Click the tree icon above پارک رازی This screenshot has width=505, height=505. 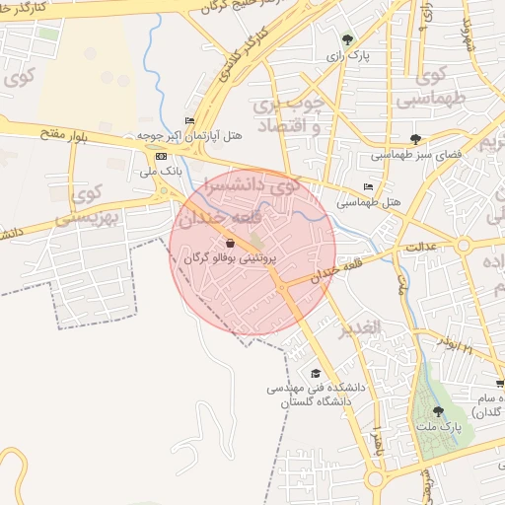tap(347, 39)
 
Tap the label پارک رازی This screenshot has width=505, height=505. tap(347, 56)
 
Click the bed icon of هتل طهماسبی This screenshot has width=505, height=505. tap(368, 187)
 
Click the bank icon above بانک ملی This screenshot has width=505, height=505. tap(161, 156)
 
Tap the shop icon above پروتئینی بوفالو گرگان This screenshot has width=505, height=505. tap(230, 243)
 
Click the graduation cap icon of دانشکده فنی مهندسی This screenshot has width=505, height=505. tap(316, 373)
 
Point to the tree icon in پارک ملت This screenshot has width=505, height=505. tap(438, 411)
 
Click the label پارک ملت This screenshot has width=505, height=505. tap(444, 427)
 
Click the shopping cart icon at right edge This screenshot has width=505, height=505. tap(499, 383)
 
